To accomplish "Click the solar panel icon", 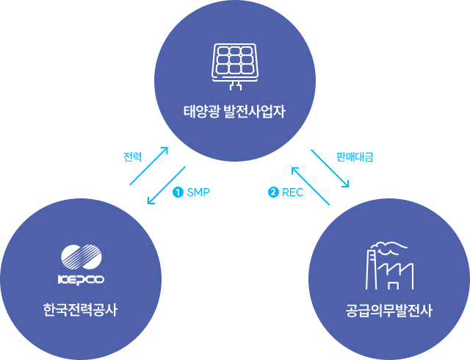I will tap(235, 61).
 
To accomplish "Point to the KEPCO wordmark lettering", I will tap(81, 279).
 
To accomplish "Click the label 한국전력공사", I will tap(80, 310).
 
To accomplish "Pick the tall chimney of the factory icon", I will tap(371, 269).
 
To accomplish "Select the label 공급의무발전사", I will tap(388, 310).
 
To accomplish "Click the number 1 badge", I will tap(178, 192).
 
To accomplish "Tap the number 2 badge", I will tap(273, 192).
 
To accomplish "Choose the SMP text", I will tap(198, 192).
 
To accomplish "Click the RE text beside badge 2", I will tap(287, 192).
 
